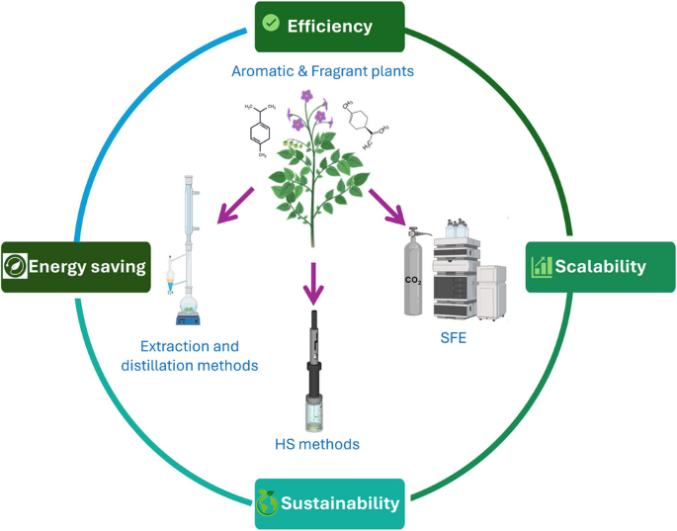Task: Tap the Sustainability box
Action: pyautogui.click(x=330, y=503)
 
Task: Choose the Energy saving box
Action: pyautogui.click(x=76, y=266)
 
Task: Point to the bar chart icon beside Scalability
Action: pyautogui.click(x=541, y=267)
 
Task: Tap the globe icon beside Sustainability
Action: pyautogui.click(x=267, y=503)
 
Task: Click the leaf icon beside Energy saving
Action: pyautogui.click(x=16, y=266)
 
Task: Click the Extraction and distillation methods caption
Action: pyautogui.click(x=199, y=356)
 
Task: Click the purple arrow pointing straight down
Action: pyautogui.click(x=314, y=283)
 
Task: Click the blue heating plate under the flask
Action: pyautogui.click(x=189, y=318)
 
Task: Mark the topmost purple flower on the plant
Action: pyautogui.click(x=307, y=96)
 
